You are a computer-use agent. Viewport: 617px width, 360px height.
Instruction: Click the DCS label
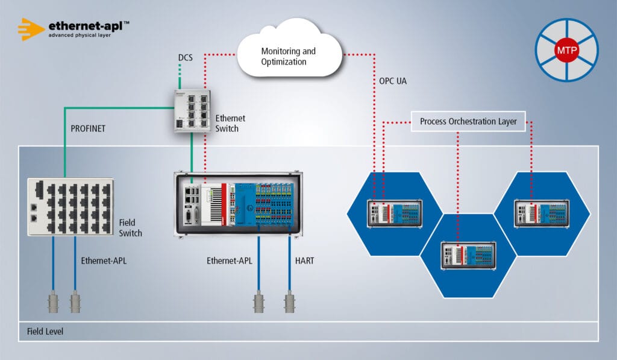tap(186, 58)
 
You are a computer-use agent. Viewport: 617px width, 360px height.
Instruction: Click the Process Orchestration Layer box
tap(468, 121)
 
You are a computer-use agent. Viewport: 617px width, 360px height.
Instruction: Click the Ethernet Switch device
tap(191, 112)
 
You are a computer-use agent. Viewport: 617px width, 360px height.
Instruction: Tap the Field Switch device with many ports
tap(70, 207)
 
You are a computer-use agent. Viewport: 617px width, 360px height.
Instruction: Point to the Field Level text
tap(45, 332)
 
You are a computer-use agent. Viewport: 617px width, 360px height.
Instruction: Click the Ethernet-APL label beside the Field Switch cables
tap(104, 261)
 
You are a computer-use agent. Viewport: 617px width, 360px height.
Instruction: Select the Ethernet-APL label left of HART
tap(229, 261)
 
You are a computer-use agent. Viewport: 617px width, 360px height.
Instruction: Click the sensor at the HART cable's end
tap(289, 302)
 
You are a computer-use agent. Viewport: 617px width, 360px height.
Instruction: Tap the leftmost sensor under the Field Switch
tap(54, 302)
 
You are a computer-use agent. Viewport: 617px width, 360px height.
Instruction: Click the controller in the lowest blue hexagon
tap(468, 254)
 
